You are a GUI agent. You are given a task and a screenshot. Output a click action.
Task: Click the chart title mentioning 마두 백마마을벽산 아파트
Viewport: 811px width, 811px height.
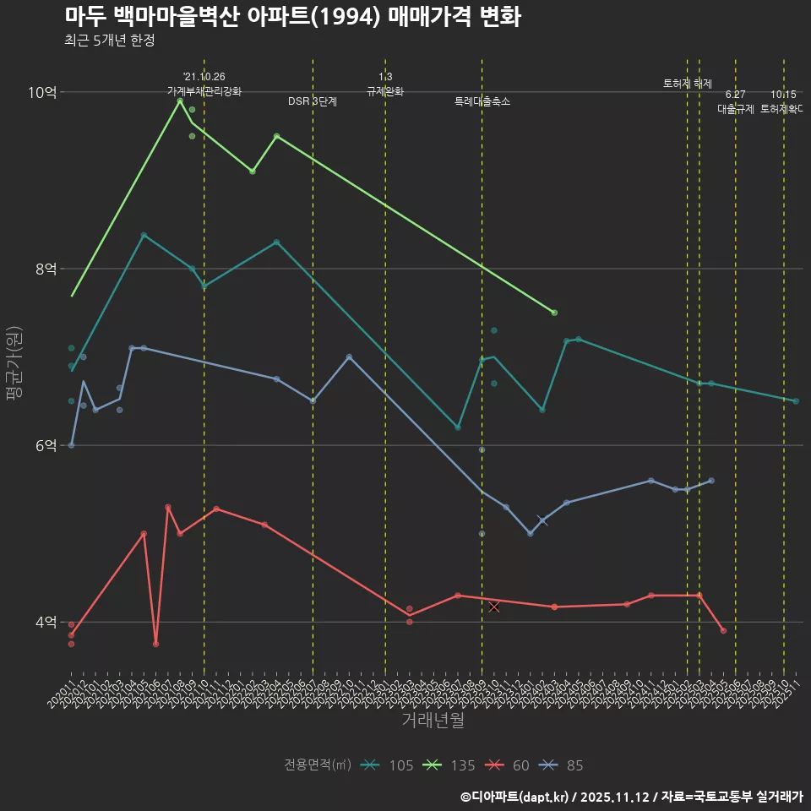pyautogui.click(x=292, y=17)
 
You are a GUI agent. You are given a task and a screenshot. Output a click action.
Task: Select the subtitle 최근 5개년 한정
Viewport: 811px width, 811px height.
pyautogui.click(x=109, y=41)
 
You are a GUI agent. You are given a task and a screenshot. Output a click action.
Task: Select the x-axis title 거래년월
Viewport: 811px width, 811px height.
pyautogui.click(x=433, y=721)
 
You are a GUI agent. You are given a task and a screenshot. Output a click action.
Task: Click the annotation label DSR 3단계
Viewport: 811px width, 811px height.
pyautogui.click(x=313, y=101)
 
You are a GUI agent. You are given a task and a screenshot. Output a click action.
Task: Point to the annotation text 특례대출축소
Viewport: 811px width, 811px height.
pyautogui.click(x=482, y=101)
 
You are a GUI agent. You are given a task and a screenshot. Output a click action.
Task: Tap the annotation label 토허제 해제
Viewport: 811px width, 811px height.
pyautogui.click(x=687, y=84)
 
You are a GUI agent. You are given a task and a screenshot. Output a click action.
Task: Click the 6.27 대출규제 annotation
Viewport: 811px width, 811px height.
pyautogui.click(x=735, y=101)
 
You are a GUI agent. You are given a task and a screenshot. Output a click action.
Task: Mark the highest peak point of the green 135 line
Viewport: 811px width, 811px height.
pyautogui.click(x=180, y=101)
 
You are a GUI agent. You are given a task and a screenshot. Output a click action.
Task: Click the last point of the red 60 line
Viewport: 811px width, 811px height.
pyautogui.click(x=723, y=630)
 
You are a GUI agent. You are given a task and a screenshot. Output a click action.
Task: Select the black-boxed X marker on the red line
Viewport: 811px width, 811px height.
pyautogui.click(x=494, y=607)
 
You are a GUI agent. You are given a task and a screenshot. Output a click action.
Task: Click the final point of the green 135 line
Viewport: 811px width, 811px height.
pyautogui.click(x=554, y=313)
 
